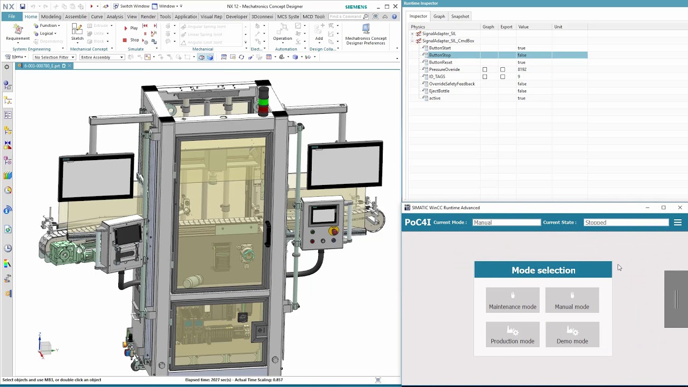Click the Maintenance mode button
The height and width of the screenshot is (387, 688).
click(x=512, y=300)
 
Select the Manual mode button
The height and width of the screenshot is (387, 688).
click(x=572, y=300)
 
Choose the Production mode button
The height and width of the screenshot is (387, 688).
click(x=512, y=334)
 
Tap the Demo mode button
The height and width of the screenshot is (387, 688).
click(x=572, y=334)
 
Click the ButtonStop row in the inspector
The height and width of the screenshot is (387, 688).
click(x=440, y=55)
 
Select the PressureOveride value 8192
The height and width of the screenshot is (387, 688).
click(x=522, y=69)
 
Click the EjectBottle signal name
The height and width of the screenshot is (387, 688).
click(x=439, y=91)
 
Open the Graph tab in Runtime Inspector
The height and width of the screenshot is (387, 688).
click(x=439, y=16)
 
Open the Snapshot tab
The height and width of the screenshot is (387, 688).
click(x=460, y=16)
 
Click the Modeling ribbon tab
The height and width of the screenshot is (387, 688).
click(x=51, y=17)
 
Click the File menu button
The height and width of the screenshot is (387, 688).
click(x=11, y=17)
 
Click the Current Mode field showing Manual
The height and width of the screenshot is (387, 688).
click(x=506, y=223)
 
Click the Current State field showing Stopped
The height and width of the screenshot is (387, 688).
click(x=626, y=223)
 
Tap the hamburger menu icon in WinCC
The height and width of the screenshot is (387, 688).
click(x=677, y=223)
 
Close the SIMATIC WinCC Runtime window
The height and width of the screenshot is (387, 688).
click(x=679, y=207)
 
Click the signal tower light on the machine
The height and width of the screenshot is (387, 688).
click(x=263, y=101)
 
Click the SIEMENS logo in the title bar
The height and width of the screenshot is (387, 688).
click(x=356, y=7)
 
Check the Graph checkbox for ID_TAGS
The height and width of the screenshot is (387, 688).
click(x=485, y=77)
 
